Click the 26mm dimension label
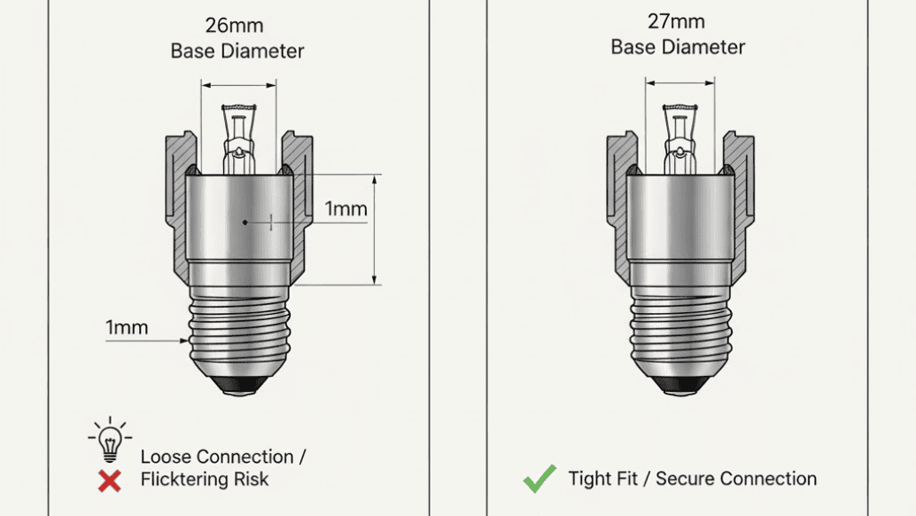[234, 26]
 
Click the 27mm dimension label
[676, 21]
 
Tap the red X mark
[109, 481]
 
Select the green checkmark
[540, 479]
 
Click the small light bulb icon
[110, 440]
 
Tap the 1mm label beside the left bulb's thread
[127, 327]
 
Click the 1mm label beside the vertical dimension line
[345, 208]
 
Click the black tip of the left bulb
[239, 385]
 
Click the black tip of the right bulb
[680, 385]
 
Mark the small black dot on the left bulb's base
[245, 223]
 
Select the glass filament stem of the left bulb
[239, 139]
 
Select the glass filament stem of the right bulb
[680, 139]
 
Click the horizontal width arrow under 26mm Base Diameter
[238, 85]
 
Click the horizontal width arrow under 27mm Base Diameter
[680, 83]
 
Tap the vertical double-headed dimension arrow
[375, 230]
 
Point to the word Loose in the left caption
[165, 457]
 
